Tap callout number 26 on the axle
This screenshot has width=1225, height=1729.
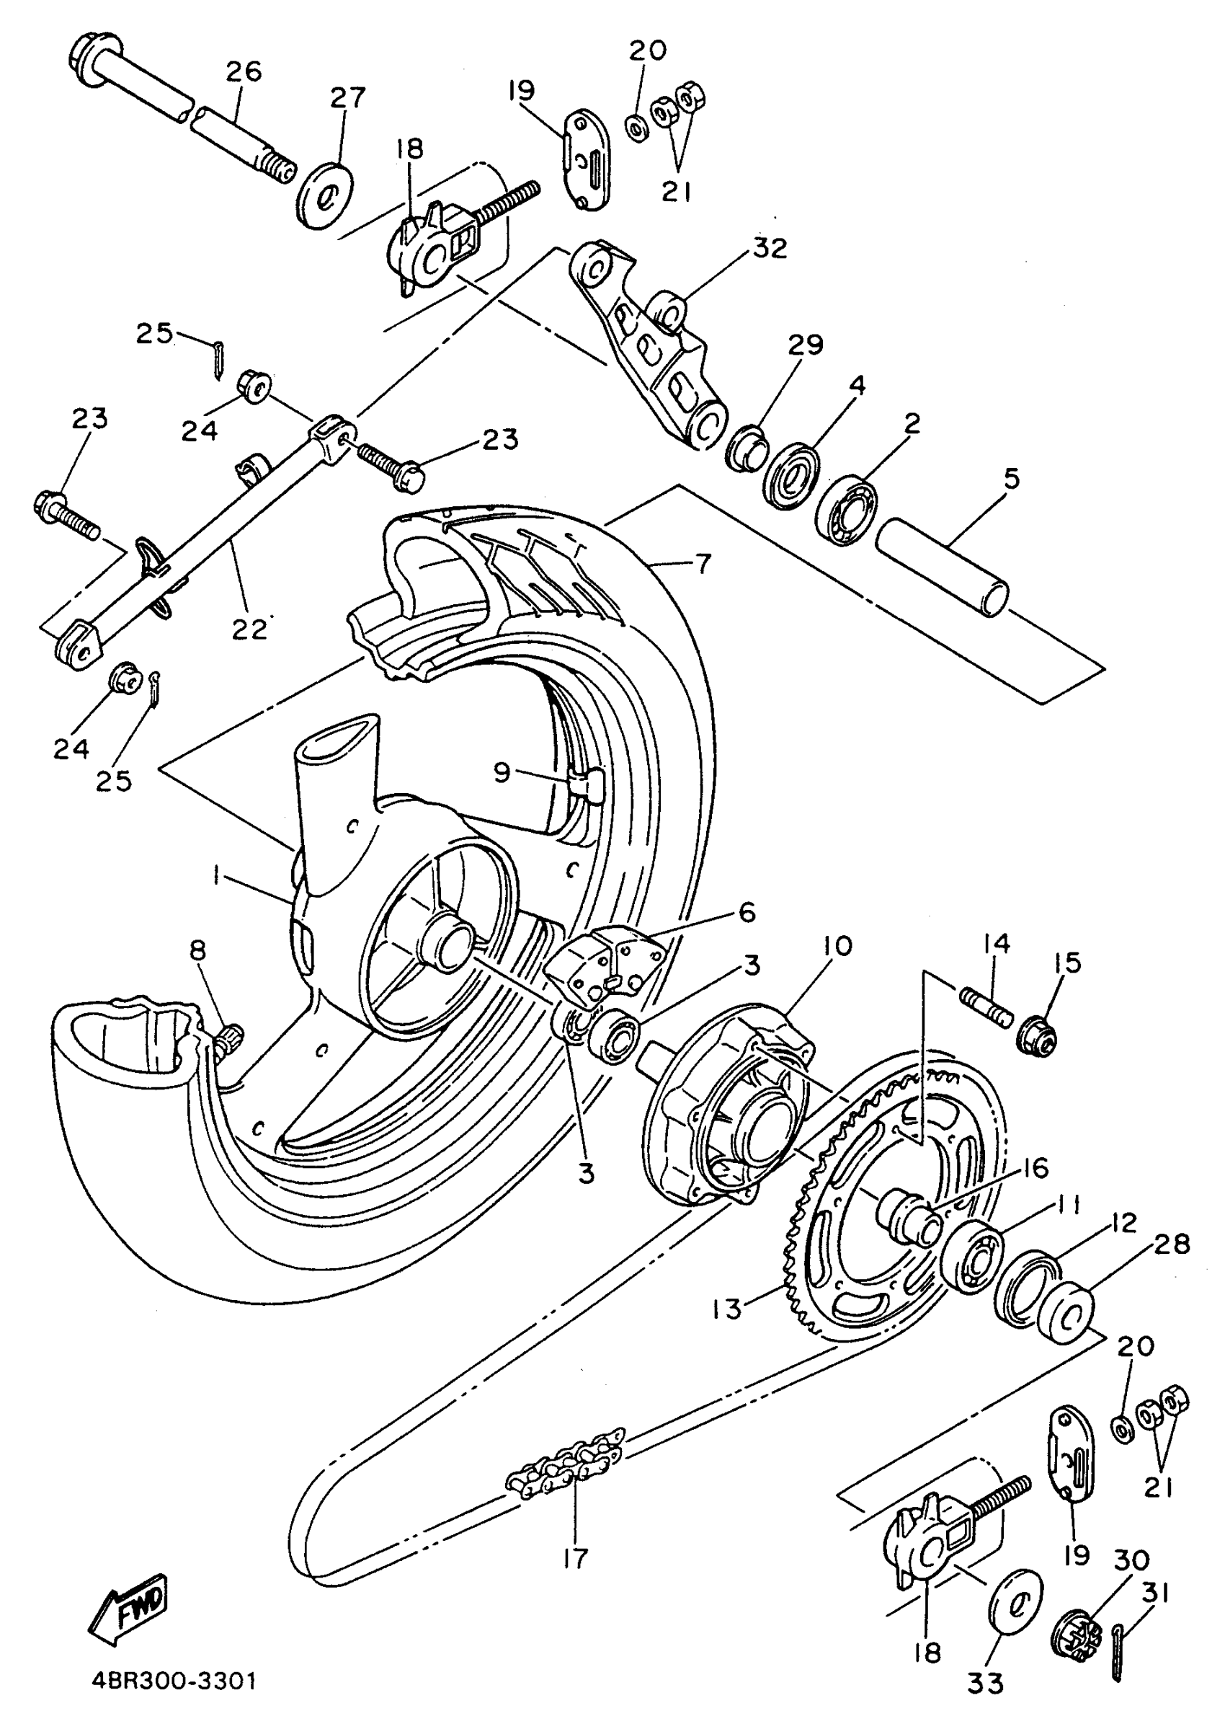[243, 72]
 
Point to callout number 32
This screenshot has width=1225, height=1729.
[769, 248]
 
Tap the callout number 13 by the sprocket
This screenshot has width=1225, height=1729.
[727, 1309]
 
